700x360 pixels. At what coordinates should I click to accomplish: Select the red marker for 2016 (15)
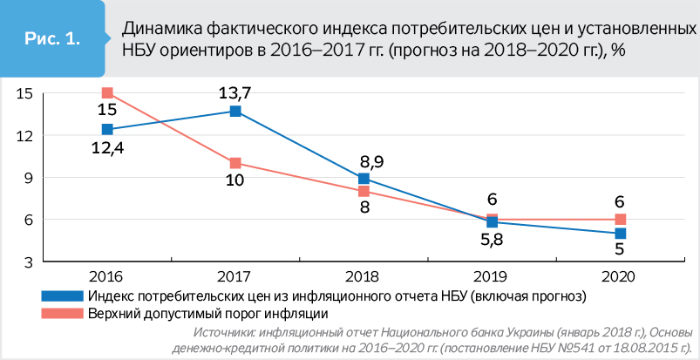[x=107, y=92]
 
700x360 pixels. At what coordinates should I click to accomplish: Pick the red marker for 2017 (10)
[x=235, y=163]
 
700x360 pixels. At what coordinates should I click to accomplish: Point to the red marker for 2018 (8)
[x=364, y=191]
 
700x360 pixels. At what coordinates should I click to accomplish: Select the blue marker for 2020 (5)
[x=620, y=234]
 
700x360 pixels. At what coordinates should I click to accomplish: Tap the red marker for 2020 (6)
[x=620, y=219]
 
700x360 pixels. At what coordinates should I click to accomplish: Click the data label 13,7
[x=235, y=92]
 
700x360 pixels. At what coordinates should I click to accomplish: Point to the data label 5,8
[x=492, y=240]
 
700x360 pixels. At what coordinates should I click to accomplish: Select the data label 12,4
[x=107, y=146]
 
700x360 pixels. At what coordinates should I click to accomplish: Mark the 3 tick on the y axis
[x=27, y=262]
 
